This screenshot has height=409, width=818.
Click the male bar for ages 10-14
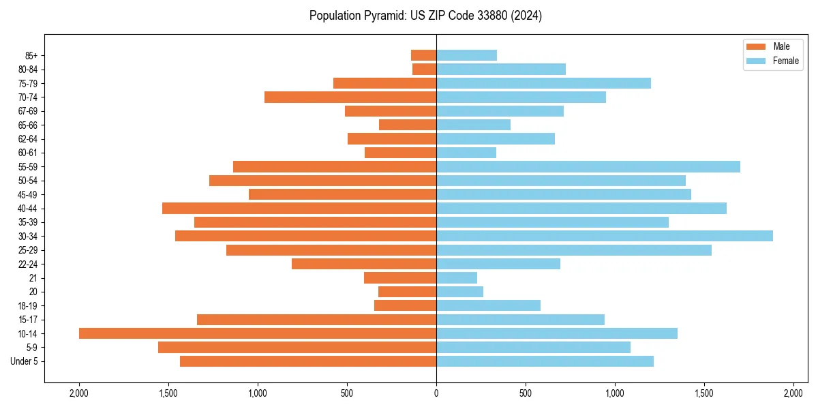[258, 333]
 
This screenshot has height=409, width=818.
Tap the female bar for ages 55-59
[588, 166]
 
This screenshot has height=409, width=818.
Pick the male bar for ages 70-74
[350, 97]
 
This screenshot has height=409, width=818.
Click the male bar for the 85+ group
[423, 55]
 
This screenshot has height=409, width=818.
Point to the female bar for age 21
[457, 277]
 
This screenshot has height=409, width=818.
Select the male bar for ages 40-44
[299, 208]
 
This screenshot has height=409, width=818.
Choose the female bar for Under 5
[545, 361]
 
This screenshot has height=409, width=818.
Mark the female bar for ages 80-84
[501, 69]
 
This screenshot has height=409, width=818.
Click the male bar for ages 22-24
[364, 264]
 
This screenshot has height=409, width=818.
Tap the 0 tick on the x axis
[436, 393]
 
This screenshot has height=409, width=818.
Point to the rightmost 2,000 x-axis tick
[793, 393]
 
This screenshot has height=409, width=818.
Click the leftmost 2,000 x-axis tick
[79, 393]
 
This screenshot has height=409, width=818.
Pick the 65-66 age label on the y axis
[28, 125]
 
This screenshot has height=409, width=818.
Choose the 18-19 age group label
[28, 305]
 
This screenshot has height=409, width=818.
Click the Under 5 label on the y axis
[24, 361]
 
